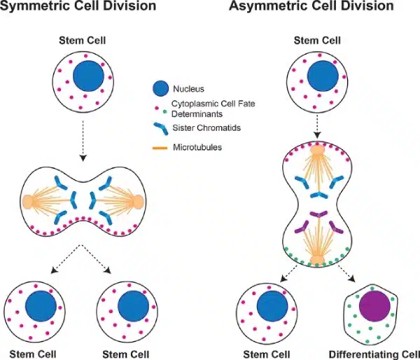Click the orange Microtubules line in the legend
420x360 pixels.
click(160, 147)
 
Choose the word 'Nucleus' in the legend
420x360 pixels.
click(188, 88)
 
